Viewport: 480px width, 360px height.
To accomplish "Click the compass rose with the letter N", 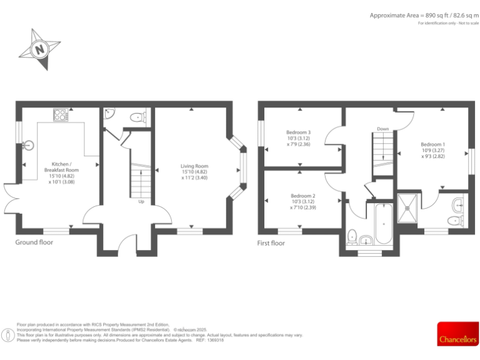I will [x=40, y=48].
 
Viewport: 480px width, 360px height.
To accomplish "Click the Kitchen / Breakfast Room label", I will [x=61, y=173].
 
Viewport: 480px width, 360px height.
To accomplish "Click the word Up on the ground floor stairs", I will [x=141, y=202].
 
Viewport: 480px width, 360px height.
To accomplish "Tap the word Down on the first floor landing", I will [x=383, y=129].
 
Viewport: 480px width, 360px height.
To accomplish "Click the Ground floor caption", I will [x=34, y=242].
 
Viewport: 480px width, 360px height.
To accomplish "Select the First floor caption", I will [x=271, y=243].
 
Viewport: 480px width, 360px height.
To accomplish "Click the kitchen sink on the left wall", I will [x=27, y=146].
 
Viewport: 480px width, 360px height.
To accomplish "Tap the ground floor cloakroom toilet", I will [x=137, y=116].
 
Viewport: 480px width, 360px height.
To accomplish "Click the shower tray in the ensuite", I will [x=409, y=205].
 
